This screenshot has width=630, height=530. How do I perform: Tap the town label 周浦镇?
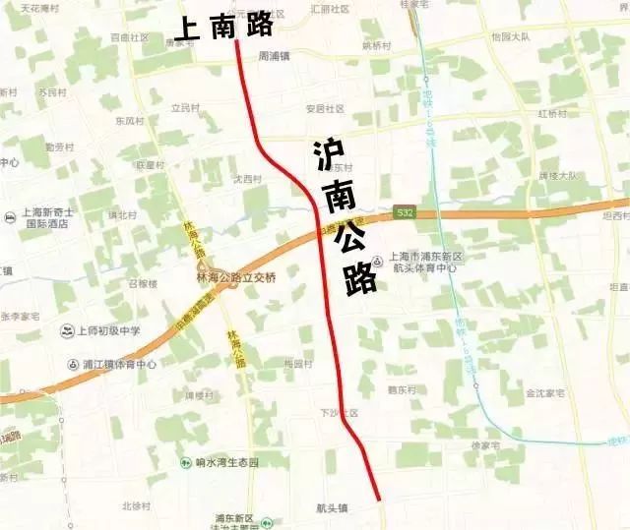coord(275,56)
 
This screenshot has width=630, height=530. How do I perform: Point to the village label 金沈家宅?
coord(544,392)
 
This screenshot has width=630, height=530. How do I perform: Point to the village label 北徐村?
coord(135,506)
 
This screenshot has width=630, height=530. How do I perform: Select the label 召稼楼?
coord(143,283)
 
